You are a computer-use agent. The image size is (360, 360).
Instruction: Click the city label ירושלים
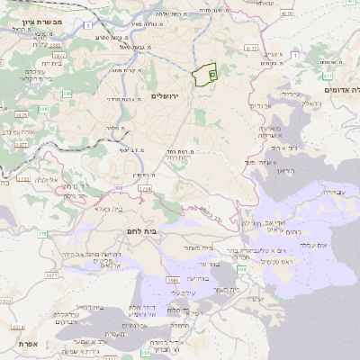click(166, 95)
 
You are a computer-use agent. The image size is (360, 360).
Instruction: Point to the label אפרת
click(26, 343)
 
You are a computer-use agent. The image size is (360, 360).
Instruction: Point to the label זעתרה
click(256, 299)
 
